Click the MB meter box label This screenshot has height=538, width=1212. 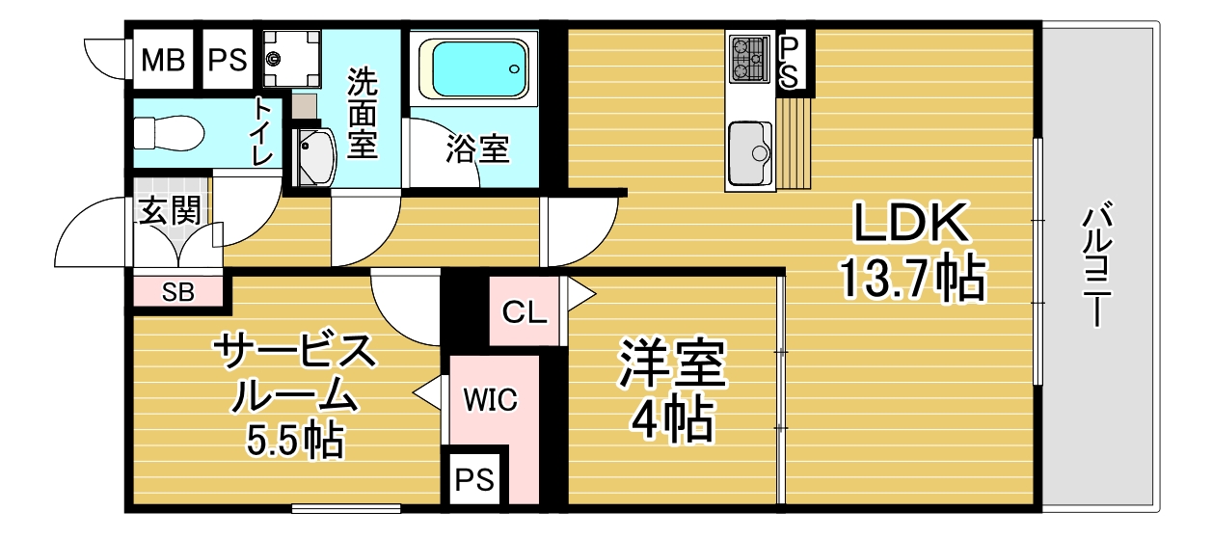pyautogui.click(x=163, y=60)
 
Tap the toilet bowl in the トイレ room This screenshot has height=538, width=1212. pyautogui.click(x=169, y=133)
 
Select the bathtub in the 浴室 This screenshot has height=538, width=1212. pyautogui.click(x=474, y=69)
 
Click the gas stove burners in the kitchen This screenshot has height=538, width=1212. pyautogui.click(x=749, y=59)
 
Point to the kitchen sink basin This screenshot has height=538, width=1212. pyautogui.click(x=750, y=153)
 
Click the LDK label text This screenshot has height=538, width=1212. pyautogui.click(x=910, y=223)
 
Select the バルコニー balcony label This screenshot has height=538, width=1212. pyautogui.click(x=1096, y=264)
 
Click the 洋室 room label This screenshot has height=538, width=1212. pyautogui.click(x=673, y=363)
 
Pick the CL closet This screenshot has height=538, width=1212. pyautogui.click(x=525, y=311)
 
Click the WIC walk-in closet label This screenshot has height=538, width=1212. pyautogui.click(x=490, y=400)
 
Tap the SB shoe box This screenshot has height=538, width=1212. pyautogui.click(x=178, y=292)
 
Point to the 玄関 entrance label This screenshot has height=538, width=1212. pyautogui.click(x=170, y=210)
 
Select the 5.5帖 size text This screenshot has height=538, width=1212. pyautogui.click(x=295, y=440)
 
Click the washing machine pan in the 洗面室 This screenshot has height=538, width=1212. pyautogui.click(x=291, y=59)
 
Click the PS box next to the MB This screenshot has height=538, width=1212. pyautogui.click(x=228, y=60)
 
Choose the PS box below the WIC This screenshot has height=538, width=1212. pyautogui.click(x=474, y=479)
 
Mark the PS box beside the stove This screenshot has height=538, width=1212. pyautogui.click(x=789, y=64)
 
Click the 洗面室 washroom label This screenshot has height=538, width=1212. pyautogui.click(x=362, y=113)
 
